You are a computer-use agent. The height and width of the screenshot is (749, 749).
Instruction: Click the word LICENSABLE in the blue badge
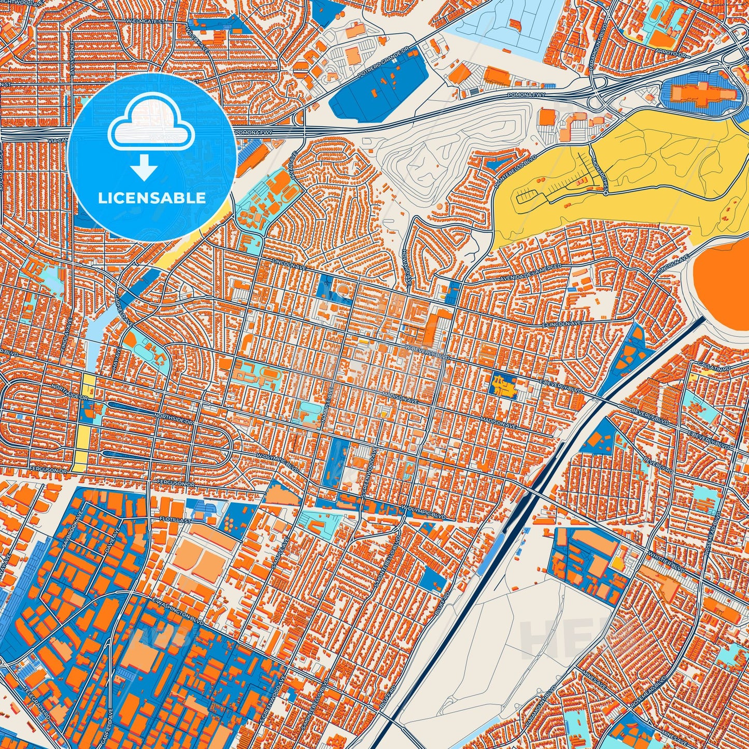pyautogui.click(x=151, y=198)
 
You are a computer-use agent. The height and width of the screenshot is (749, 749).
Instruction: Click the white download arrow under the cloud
pyautogui.click(x=145, y=168)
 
